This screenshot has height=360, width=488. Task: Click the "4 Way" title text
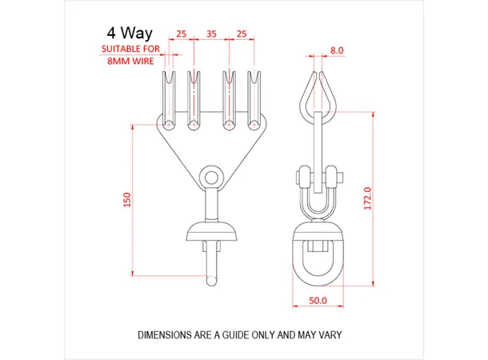point(129,34)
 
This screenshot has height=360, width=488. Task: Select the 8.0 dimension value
point(337,50)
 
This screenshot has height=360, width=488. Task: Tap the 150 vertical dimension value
point(126,200)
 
